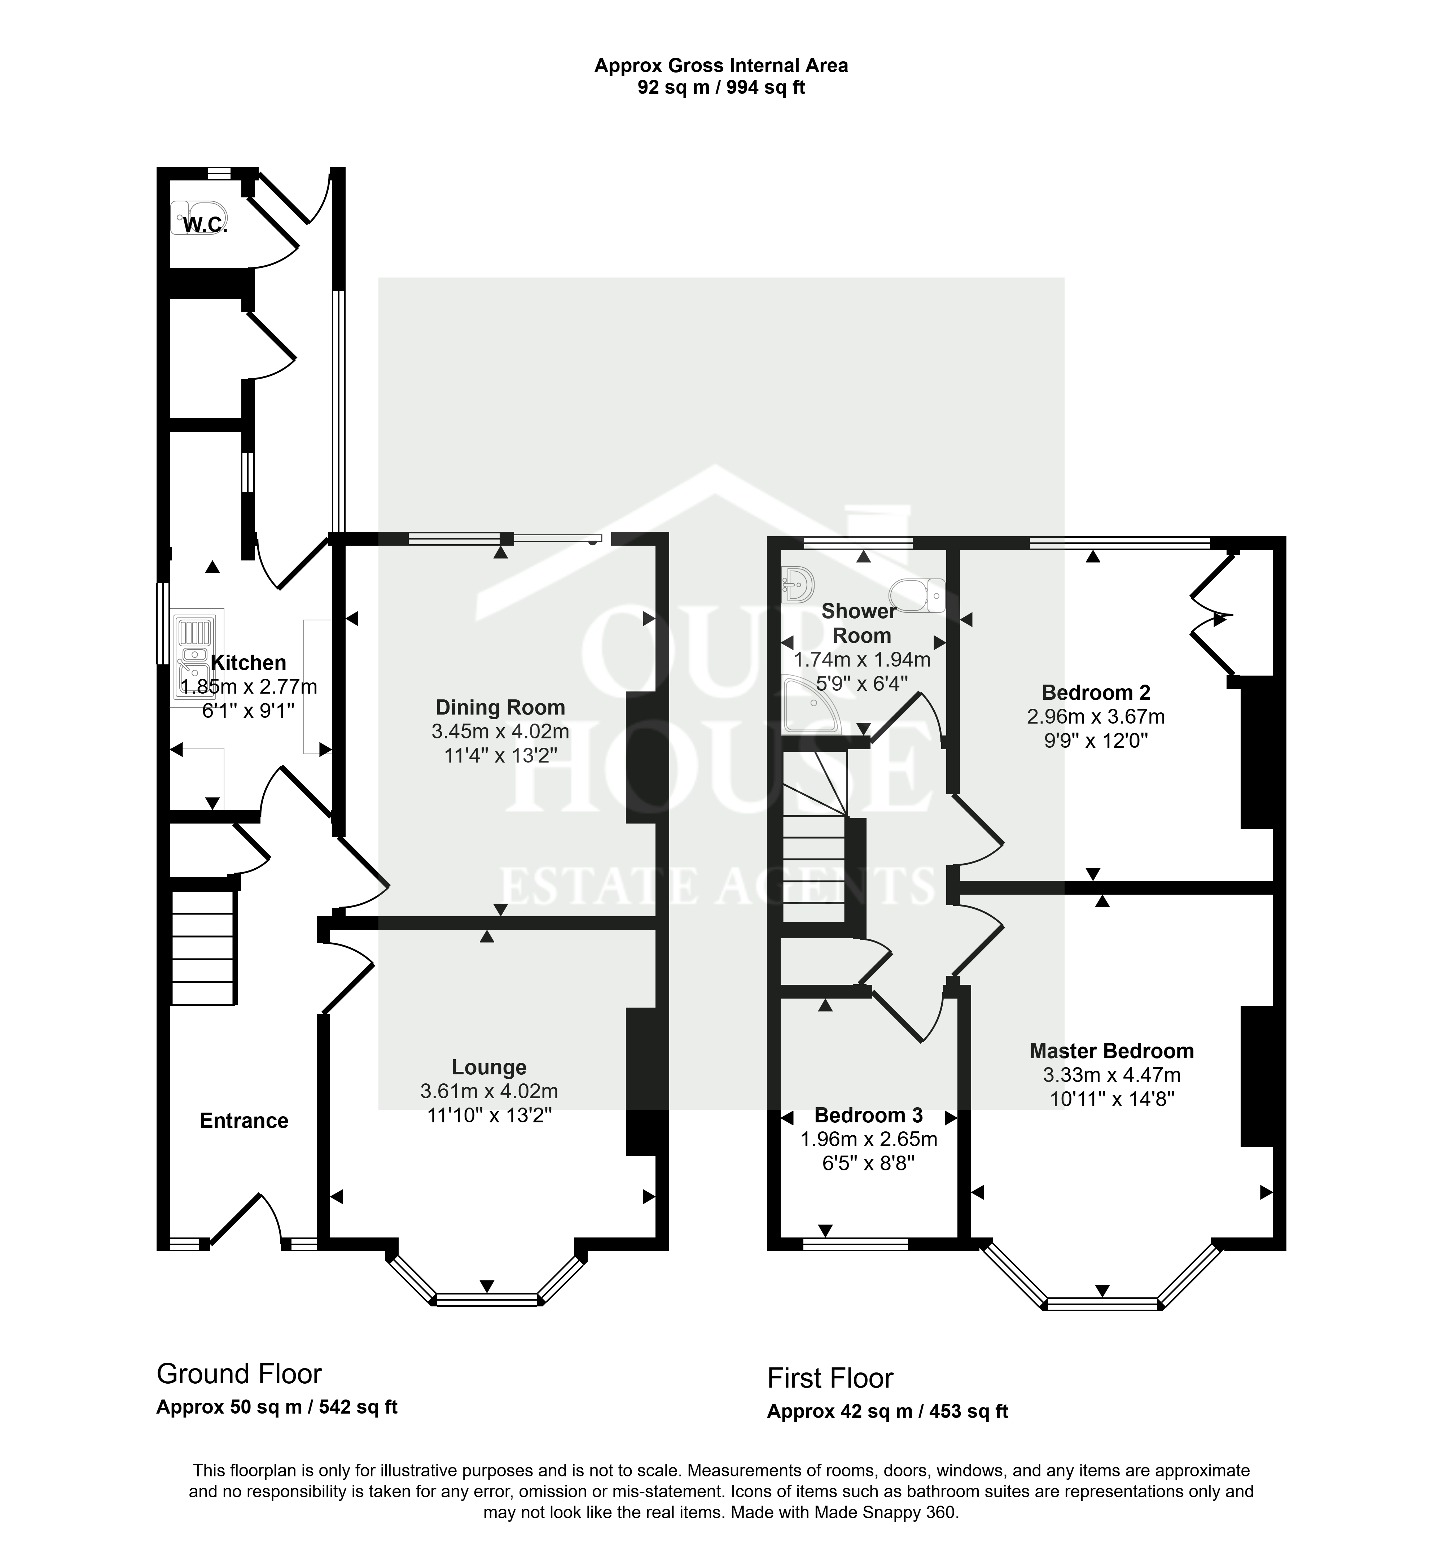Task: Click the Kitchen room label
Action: pyautogui.click(x=249, y=663)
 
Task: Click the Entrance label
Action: pyautogui.click(x=244, y=1121)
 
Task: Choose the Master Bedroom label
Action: pyautogui.click(x=1112, y=1051)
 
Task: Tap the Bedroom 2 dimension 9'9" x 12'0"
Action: pyautogui.click(x=1096, y=740)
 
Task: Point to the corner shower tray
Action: pyautogui.click(x=811, y=705)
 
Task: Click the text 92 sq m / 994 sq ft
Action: pyautogui.click(x=721, y=87)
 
